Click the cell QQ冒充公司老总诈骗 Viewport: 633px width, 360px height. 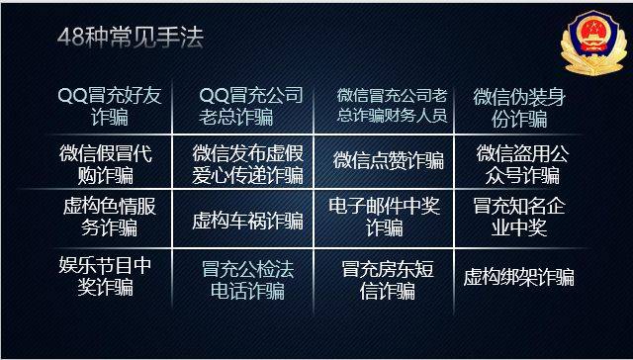tap(248, 108)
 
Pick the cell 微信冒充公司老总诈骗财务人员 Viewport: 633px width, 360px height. tap(392, 107)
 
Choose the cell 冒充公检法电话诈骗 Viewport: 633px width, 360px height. tap(249, 279)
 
